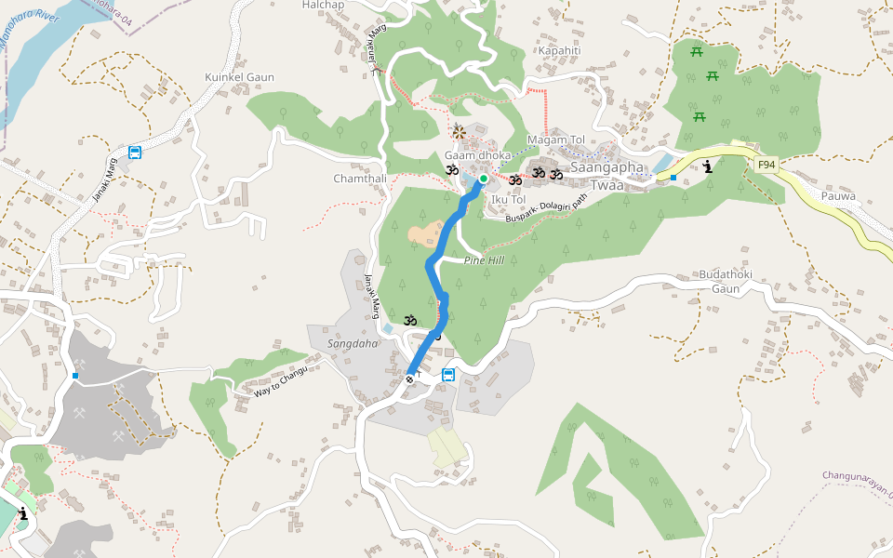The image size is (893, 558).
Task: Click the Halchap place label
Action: [324, 6]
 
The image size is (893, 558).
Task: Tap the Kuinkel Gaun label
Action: [239, 77]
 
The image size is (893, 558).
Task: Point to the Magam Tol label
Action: [555, 139]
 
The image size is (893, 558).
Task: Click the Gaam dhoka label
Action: [477, 155]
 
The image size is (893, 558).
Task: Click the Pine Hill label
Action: [484, 260]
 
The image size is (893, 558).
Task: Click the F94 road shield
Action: [766, 166]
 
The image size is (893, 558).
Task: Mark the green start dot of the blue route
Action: [484, 179]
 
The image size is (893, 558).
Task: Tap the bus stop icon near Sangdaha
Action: [448, 375]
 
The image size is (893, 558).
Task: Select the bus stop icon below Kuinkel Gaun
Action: [136, 153]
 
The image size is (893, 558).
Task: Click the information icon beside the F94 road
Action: [710, 167]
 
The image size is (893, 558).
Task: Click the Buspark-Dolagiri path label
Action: [547, 209]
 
